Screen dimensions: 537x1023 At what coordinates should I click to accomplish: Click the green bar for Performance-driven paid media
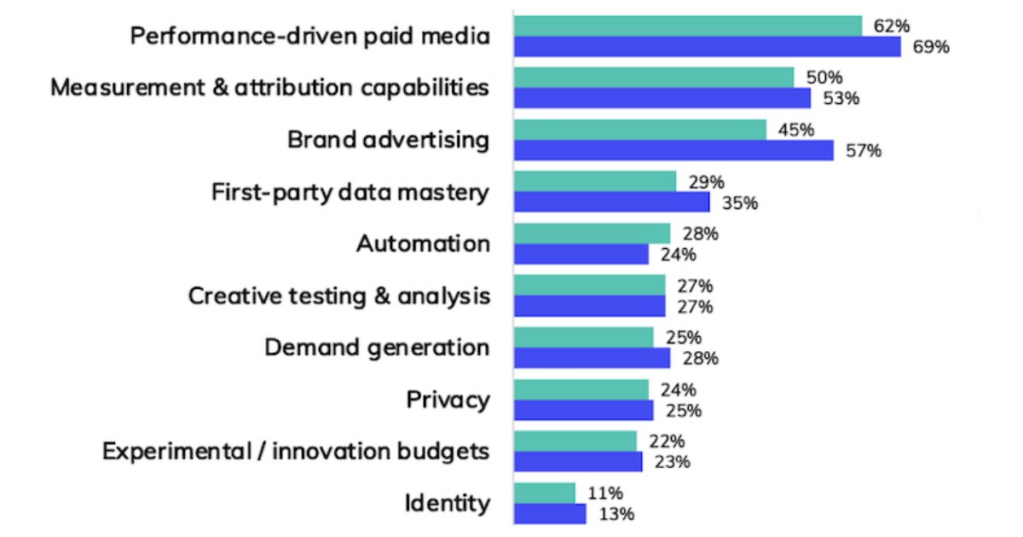(x=688, y=26)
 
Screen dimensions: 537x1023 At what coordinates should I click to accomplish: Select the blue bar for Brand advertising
(x=673, y=151)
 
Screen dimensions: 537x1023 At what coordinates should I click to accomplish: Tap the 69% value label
(x=930, y=47)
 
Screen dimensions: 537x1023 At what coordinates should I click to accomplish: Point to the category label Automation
(x=423, y=243)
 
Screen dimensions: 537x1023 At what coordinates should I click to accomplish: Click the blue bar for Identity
(x=550, y=514)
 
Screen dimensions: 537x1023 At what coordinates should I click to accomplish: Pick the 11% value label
(x=604, y=494)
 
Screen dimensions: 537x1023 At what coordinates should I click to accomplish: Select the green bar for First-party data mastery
(x=595, y=182)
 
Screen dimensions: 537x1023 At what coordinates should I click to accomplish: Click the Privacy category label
(x=448, y=399)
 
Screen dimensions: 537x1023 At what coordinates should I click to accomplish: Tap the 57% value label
(x=863, y=151)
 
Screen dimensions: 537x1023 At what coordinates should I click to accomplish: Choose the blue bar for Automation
(x=581, y=254)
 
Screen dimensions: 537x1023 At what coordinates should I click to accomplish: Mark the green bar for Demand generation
(x=584, y=338)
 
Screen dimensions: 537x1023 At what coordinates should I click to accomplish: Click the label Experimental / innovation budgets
(x=296, y=451)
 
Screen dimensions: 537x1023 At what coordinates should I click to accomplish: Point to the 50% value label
(x=824, y=78)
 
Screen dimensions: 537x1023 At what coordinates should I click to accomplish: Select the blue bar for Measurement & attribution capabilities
(x=662, y=99)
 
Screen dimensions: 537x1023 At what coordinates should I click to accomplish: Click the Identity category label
(x=448, y=503)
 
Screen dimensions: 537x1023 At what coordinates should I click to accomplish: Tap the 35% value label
(x=739, y=203)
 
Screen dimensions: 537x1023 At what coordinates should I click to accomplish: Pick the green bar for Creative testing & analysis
(x=590, y=286)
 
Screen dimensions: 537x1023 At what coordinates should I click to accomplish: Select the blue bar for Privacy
(x=584, y=410)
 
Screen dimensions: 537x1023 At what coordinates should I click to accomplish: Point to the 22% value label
(x=667, y=442)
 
